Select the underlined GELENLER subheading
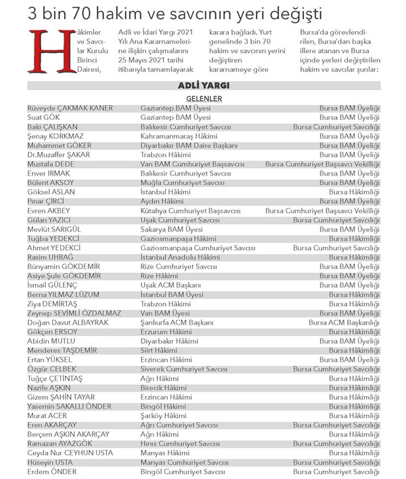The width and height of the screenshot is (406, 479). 204,98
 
